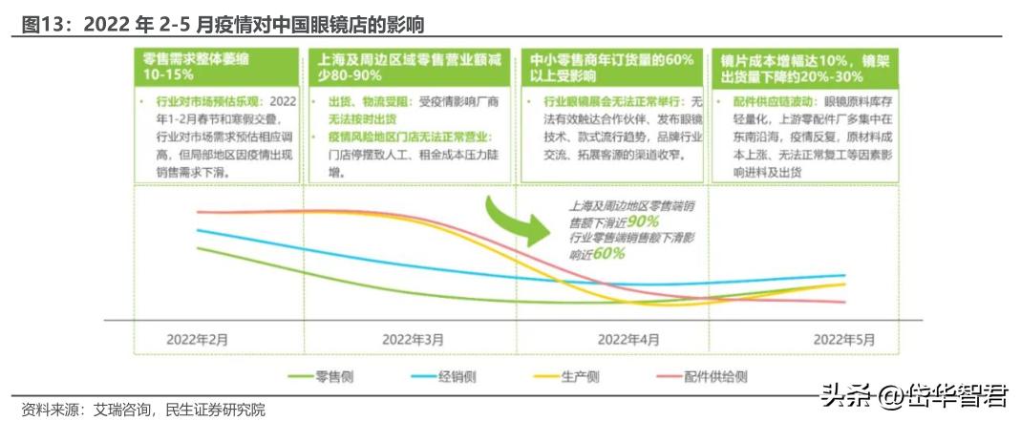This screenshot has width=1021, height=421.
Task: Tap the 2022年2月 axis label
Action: [198, 339]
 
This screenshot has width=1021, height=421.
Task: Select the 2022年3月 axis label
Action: [413, 339]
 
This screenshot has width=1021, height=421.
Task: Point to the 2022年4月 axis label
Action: [628, 339]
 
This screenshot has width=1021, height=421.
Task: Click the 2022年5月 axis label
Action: [843, 339]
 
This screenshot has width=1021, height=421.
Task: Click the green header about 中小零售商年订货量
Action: [612, 66]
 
